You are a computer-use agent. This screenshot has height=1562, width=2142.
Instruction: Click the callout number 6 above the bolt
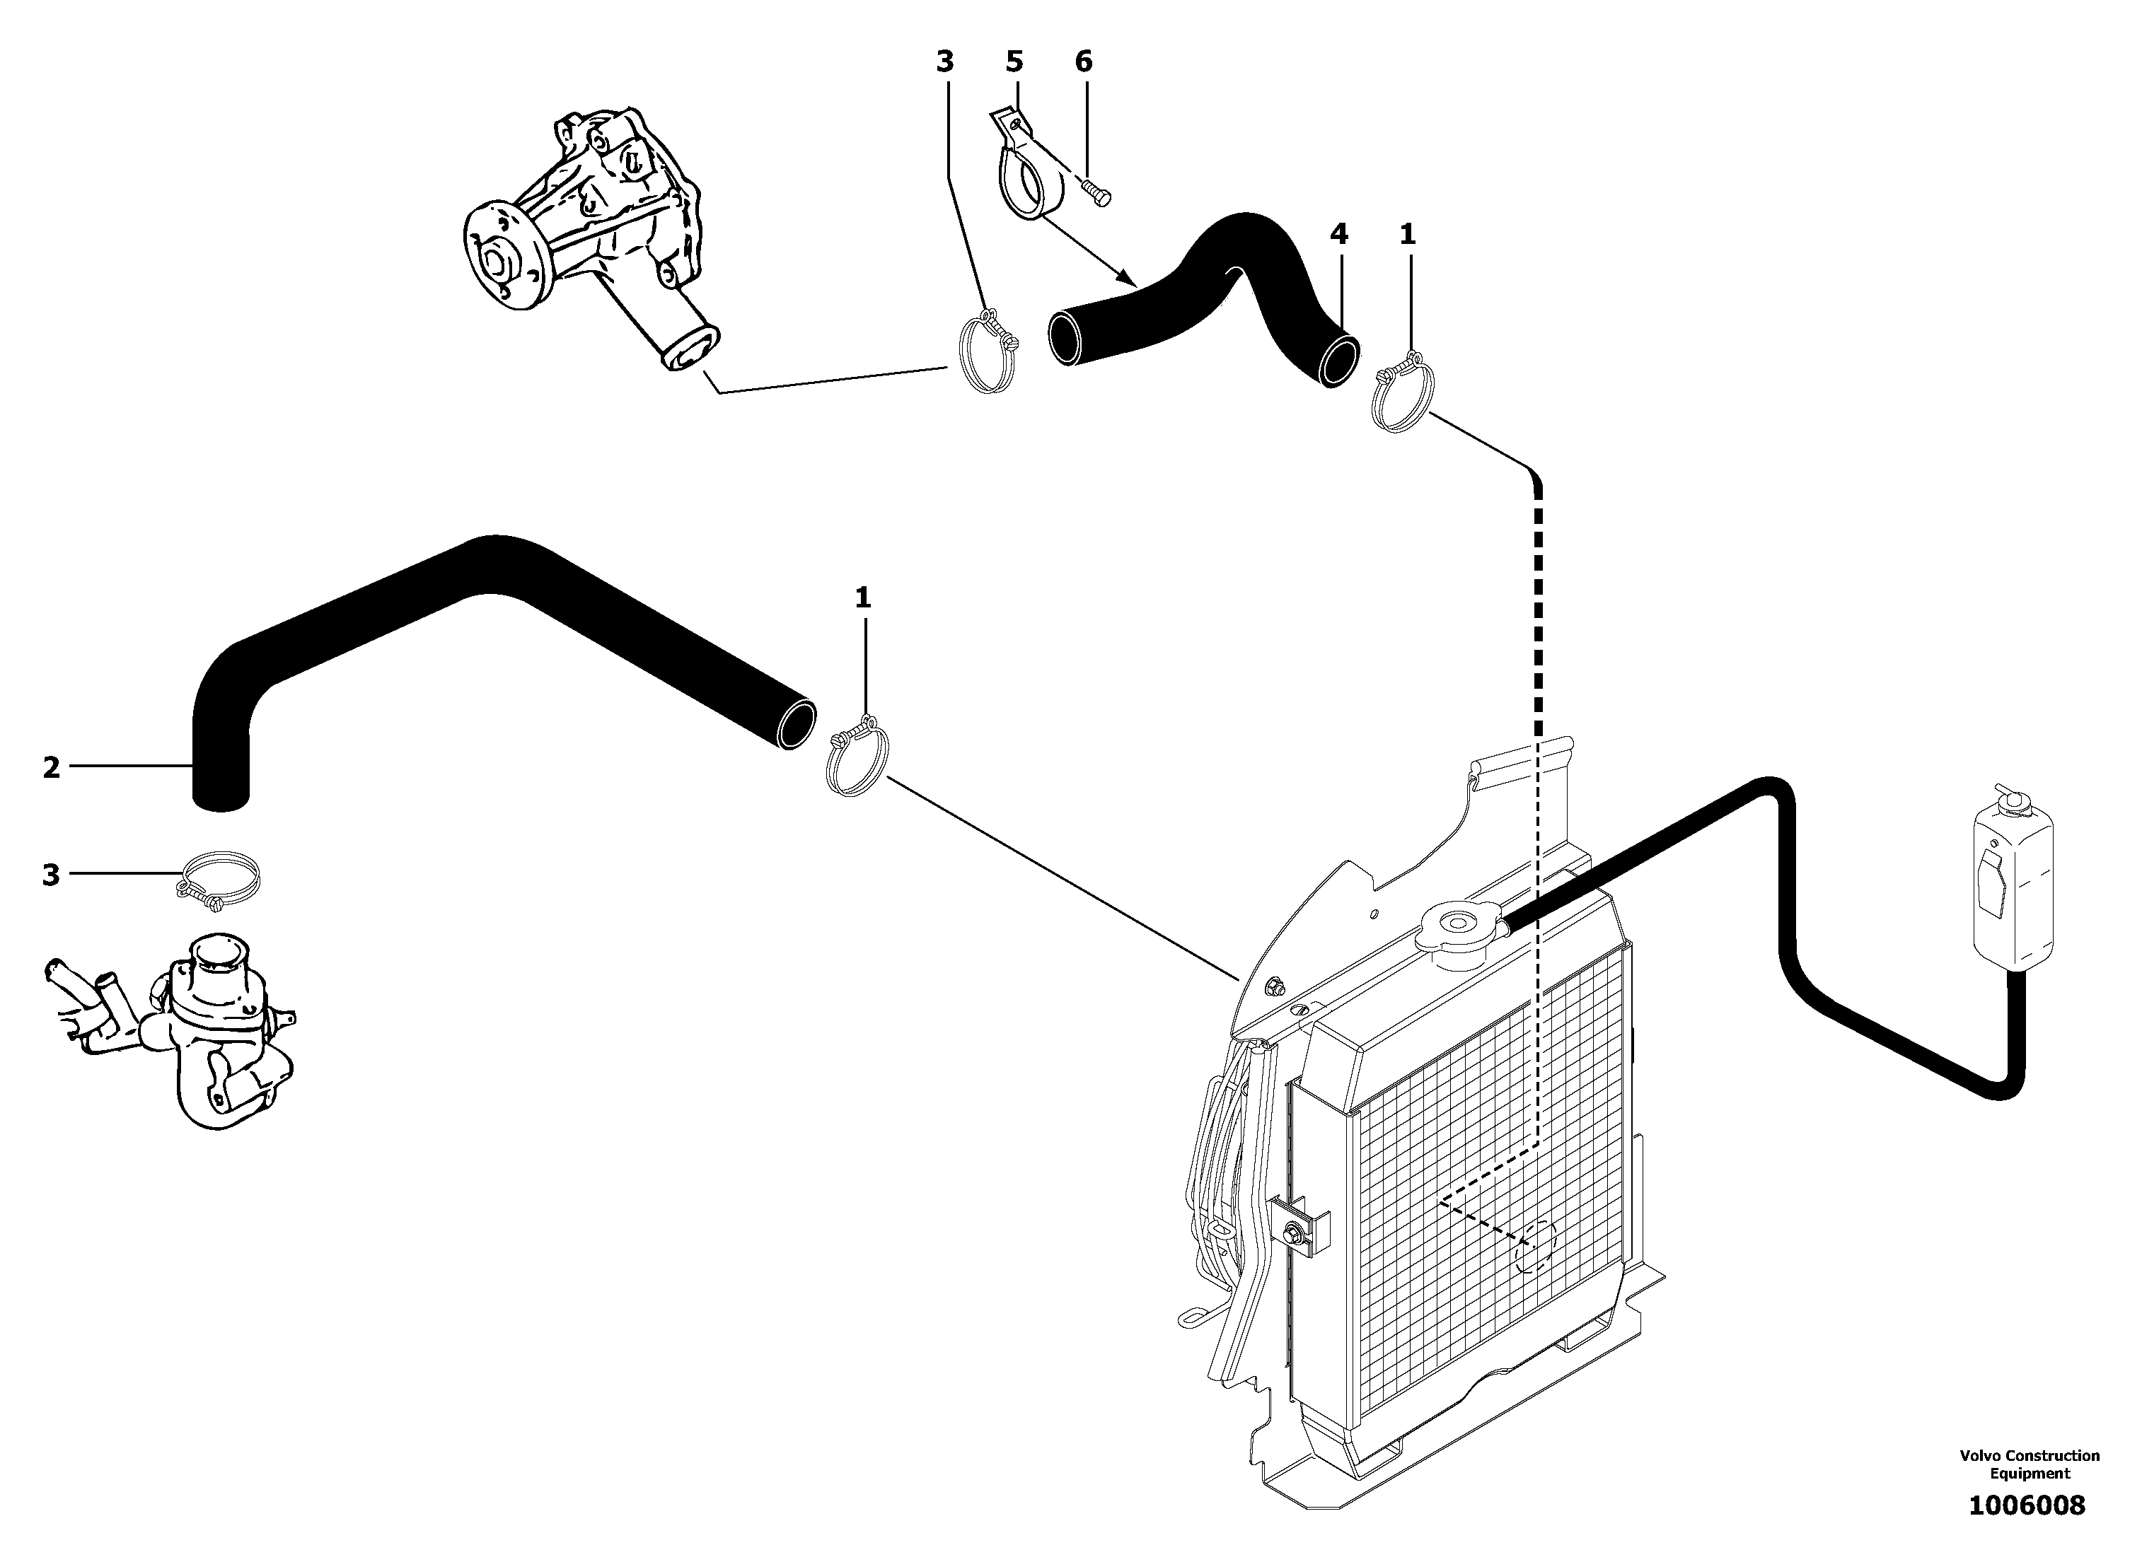pyautogui.click(x=1083, y=62)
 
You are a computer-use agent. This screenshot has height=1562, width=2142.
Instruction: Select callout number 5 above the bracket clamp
pyautogui.click(x=1014, y=62)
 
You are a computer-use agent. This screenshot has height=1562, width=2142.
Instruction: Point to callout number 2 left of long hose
pyautogui.click(x=51, y=767)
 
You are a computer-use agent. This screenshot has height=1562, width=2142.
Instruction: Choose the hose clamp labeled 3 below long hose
pyautogui.click(x=219, y=875)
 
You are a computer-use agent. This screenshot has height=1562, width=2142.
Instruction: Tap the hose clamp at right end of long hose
pyautogui.click(x=858, y=757)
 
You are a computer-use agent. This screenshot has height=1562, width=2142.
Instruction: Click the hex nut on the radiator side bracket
pyautogui.click(x=1291, y=1233)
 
